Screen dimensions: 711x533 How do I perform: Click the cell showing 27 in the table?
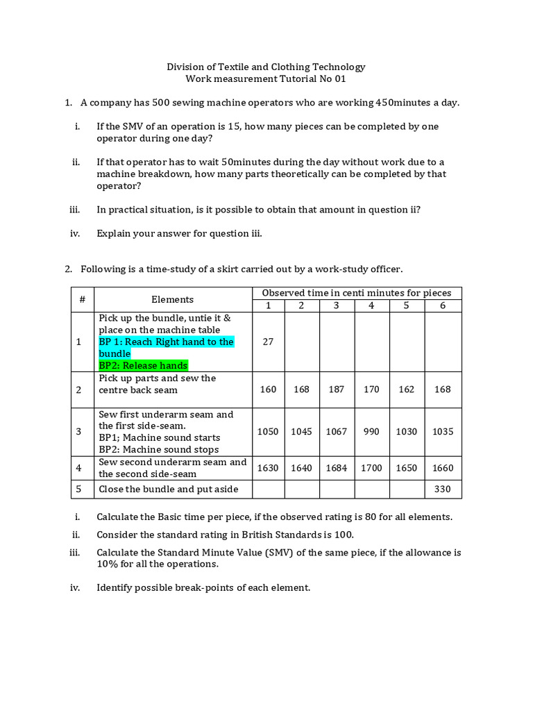[268, 342]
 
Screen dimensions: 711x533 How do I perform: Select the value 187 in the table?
[337, 390]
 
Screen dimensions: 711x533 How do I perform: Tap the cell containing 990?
[371, 431]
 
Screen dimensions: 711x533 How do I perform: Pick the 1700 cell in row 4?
[371, 468]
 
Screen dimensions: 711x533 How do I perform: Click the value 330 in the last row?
[443, 489]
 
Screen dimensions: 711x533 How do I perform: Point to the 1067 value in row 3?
[337, 431]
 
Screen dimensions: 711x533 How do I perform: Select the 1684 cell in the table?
[337, 468]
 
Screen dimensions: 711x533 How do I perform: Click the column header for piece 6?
[443, 306]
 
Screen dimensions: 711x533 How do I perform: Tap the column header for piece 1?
[268, 306]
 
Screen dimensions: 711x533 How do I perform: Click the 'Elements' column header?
[172, 299]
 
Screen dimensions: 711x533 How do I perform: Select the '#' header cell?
[82, 299]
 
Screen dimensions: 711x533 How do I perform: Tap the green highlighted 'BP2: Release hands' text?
[143, 365]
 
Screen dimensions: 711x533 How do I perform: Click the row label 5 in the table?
[79, 489]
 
